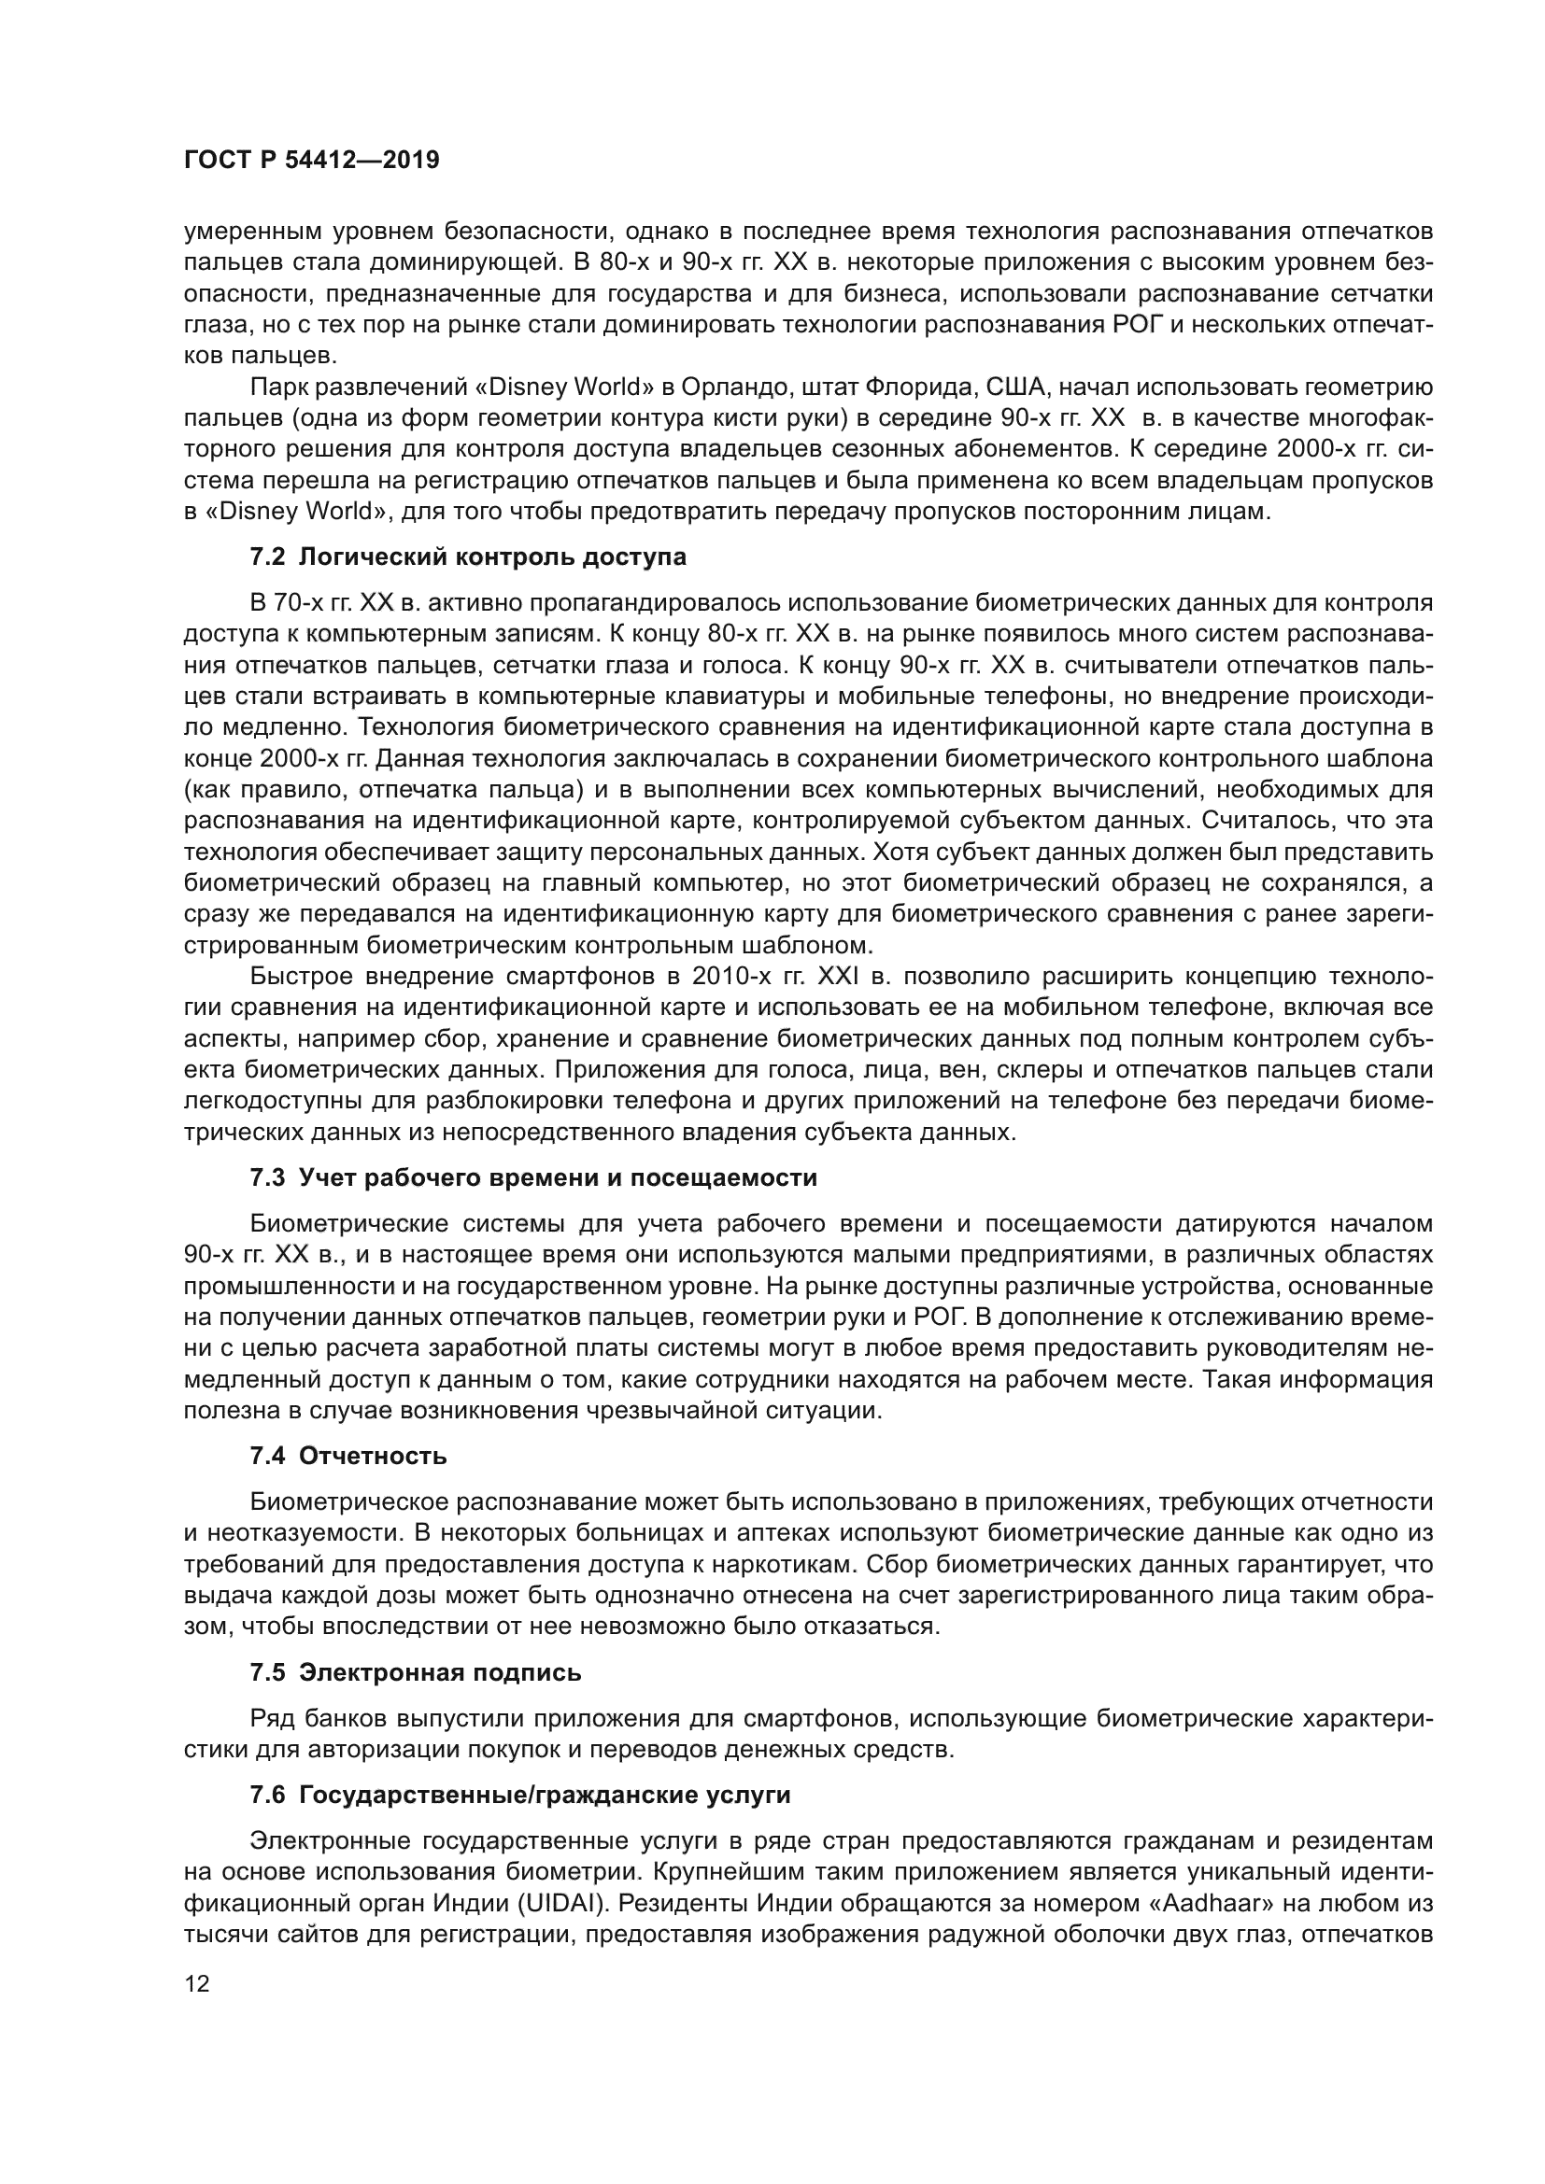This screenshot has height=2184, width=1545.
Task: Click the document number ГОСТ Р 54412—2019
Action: pyautogui.click(x=311, y=160)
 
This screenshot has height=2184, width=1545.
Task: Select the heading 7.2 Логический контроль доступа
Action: pyautogui.click(x=467, y=557)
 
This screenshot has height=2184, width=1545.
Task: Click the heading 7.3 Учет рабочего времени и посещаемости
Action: pyautogui.click(x=532, y=1177)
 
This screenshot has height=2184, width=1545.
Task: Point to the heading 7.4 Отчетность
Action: pyautogui.click(x=348, y=1457)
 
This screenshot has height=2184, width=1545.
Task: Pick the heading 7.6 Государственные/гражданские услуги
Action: pyautogui.click(x=520, y=1796)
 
